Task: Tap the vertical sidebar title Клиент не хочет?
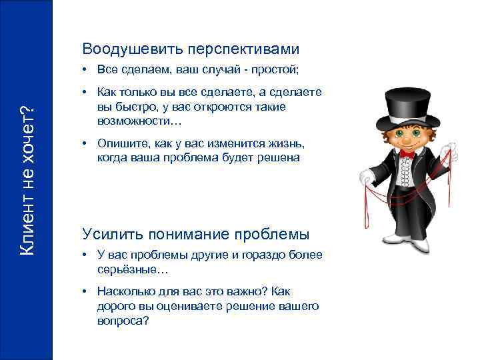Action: [x=27, y=180]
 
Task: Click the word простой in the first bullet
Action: [x=281, y=69]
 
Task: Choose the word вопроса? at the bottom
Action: [x=123, y=320]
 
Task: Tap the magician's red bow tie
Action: [x=407, y=154]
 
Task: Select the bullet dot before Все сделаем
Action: [x=87, y=69]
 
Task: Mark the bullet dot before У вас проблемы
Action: [x=87, y=254]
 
